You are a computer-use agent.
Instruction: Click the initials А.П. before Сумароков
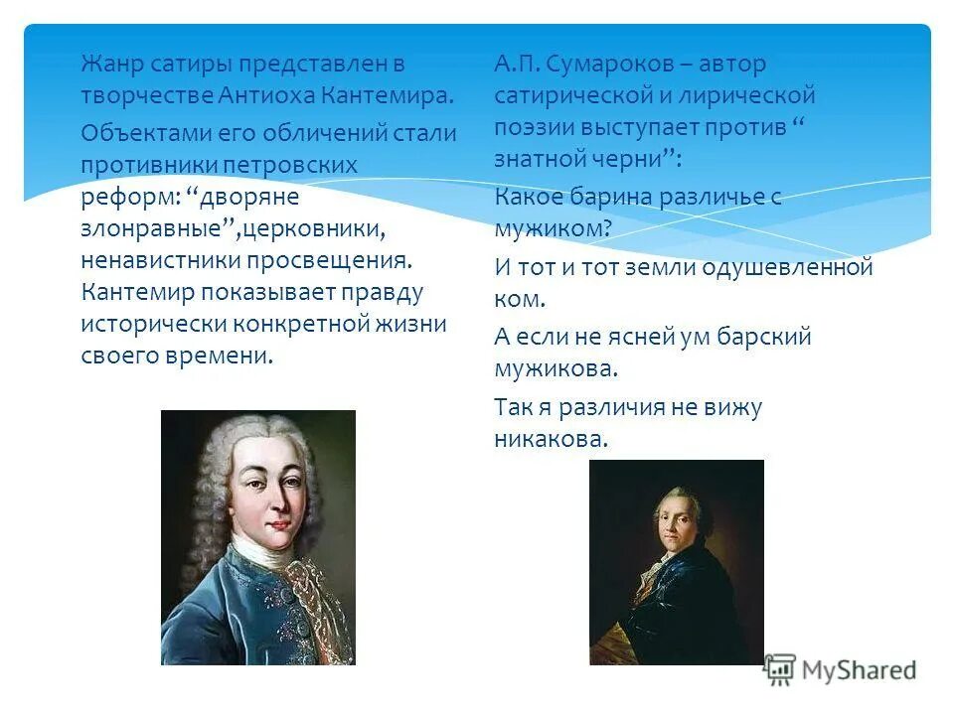(518, 66)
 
